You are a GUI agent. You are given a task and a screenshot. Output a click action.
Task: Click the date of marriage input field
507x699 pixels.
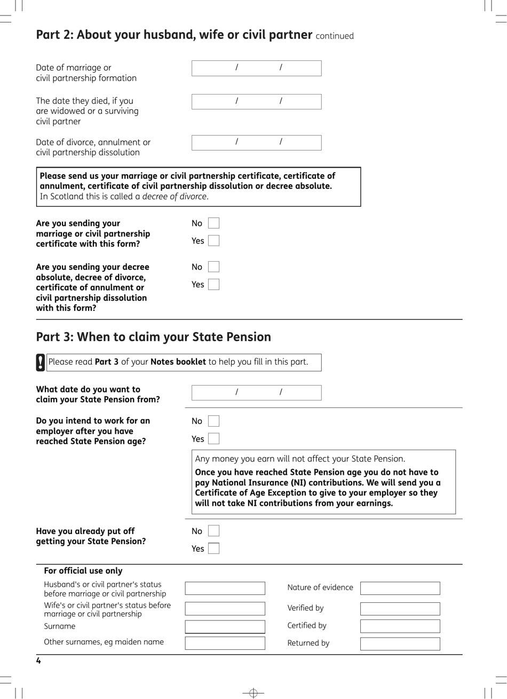coord(256,68)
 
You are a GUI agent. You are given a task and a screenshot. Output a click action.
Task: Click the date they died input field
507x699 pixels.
coord(256,101)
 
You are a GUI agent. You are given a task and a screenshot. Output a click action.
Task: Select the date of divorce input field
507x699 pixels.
coord(256,143)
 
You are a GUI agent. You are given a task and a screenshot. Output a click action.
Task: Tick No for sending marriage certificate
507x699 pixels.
coord(213,223)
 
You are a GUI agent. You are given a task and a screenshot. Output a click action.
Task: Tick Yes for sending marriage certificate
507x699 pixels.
coord(213,241)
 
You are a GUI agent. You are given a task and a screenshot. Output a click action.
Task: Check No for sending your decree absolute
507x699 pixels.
coord(213,267)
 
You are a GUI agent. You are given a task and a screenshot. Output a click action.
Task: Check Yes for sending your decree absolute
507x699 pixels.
coord(213,285)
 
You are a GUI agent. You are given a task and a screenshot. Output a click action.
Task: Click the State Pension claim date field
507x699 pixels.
coord(256,392)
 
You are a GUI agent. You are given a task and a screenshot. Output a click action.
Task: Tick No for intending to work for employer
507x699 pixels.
coord(213,421)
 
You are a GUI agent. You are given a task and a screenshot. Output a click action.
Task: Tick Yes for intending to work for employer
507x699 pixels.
coord(213,439)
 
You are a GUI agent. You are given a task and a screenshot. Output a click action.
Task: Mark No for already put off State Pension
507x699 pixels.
coord(213,531)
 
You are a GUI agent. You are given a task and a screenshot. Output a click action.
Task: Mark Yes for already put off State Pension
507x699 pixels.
coord(213,548)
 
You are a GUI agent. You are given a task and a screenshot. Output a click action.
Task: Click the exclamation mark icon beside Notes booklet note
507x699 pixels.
coord(41,362)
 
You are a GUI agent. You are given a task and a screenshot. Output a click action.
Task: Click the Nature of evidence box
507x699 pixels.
coord(400,588)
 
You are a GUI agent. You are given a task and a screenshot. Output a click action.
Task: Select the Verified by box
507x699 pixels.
coord(400,609)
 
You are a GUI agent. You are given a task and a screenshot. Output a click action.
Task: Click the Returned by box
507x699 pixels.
coord(400,643)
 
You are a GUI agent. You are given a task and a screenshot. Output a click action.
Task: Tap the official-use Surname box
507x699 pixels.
coord(225,626)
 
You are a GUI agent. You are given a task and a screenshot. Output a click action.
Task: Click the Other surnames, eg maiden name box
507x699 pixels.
coord(225,643)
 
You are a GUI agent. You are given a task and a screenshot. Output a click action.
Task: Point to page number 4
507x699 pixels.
coord(38,661)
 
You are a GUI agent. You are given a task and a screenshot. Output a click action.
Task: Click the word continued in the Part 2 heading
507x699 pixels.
coord(335,36)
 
